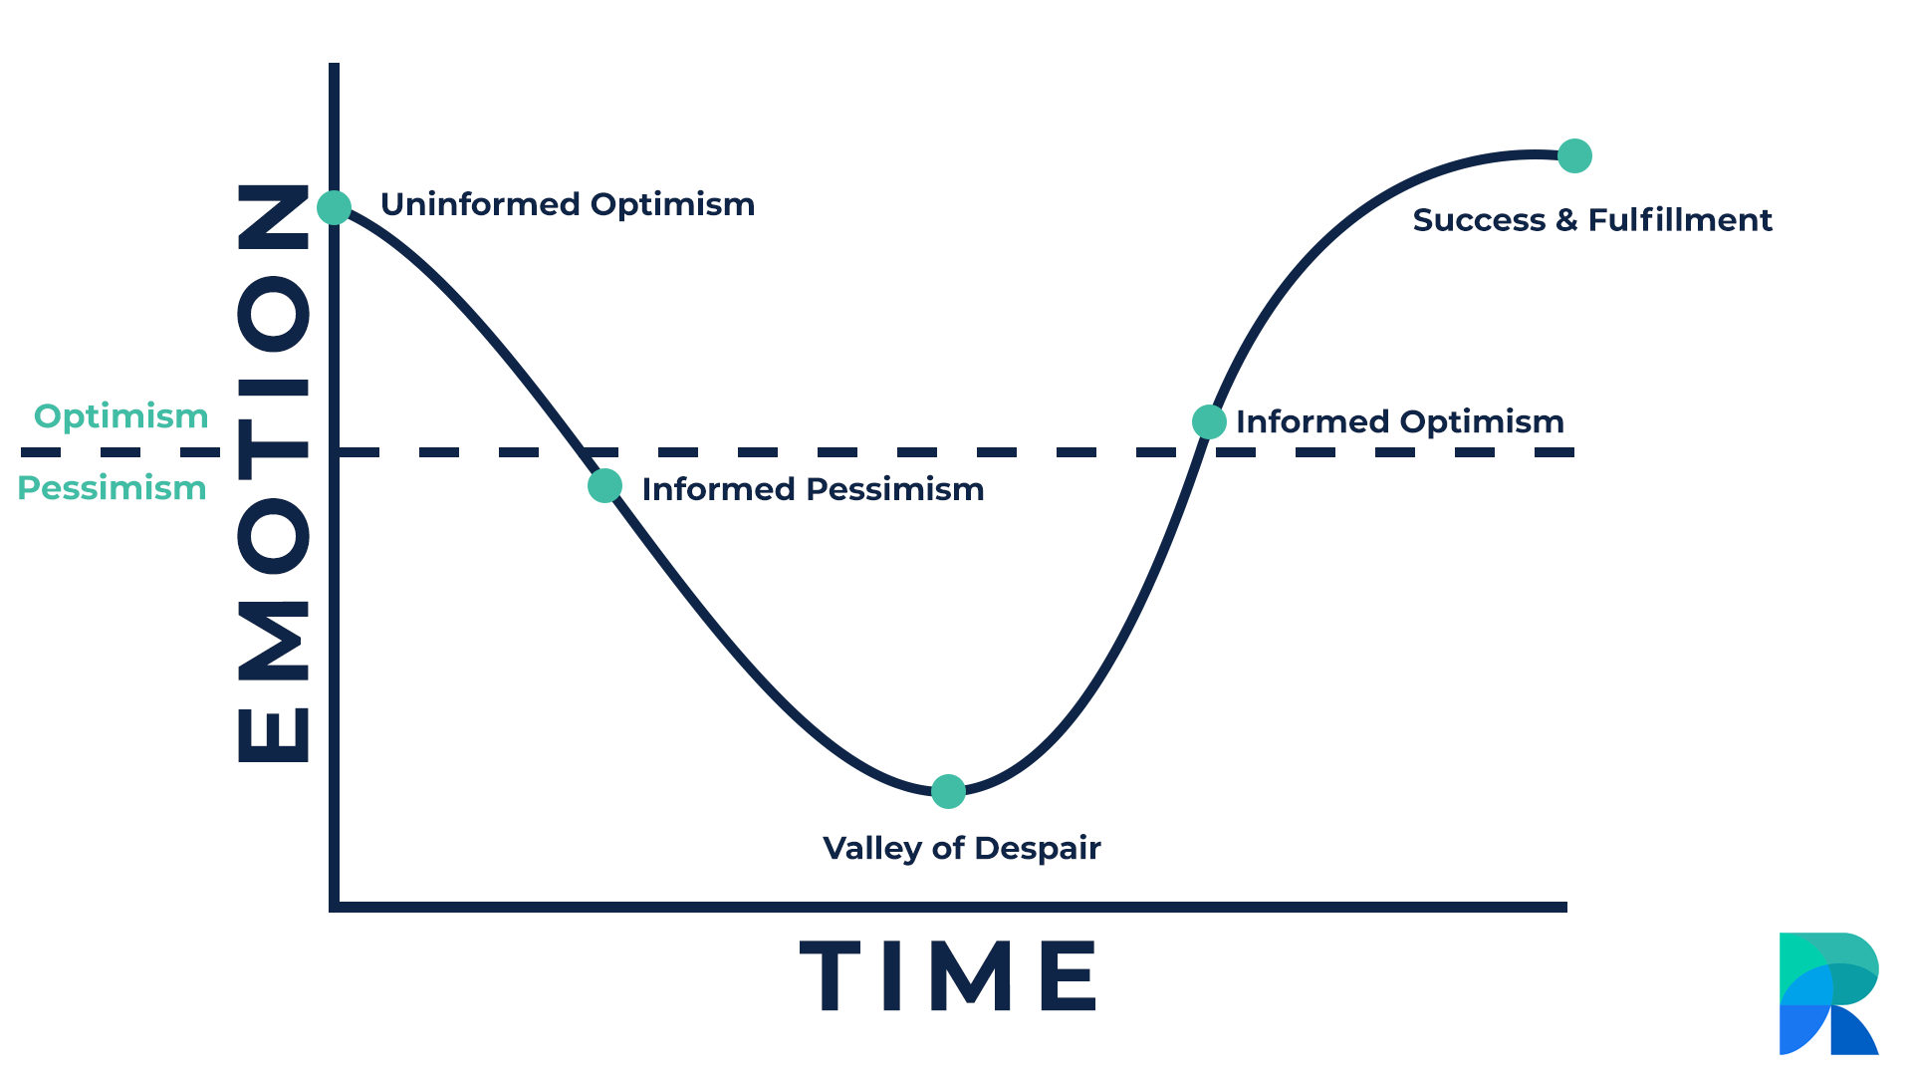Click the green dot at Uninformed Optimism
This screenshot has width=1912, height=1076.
pyautogui.click(x=335, y=207)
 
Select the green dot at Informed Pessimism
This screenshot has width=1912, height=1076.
pyautogui.click(x=604, y=486)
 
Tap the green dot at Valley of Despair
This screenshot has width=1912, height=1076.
pyautogui.click(x=948, y=792)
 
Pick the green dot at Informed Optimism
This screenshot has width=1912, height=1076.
pyautogui.click(x=1209, y=421)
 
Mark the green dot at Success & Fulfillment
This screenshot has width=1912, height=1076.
pyautogui.click(x=1574, y=155)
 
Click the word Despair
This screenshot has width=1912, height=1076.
pyautogui.click(x=1038, y=849)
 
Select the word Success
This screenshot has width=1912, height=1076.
pyautogui.click(x=1479, y=220)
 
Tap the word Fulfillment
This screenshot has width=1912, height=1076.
pyautogui.click(x=1680, y=220)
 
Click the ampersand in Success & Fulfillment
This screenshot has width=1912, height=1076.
pyautogui.click(x=1566, y=220)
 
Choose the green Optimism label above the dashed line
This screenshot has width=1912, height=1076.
pyautogui.click(x=121, y=417)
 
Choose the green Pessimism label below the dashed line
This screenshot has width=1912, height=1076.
pyautogui.click(x=113, y=488)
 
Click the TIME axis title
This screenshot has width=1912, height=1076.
pyautogui.click(x=948, y=976)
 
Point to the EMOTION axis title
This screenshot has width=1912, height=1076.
pyautogui.click(x=274, y=473)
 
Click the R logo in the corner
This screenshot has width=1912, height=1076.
pyautogui.click(x=1829, y=993)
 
